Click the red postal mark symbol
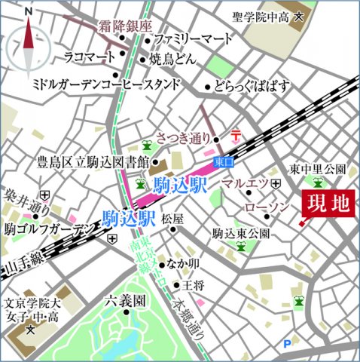point(235,135)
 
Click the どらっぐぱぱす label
point(253,86)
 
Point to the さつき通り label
point(185,138)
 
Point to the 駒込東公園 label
point(240,234)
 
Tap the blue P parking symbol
point(287,345)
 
